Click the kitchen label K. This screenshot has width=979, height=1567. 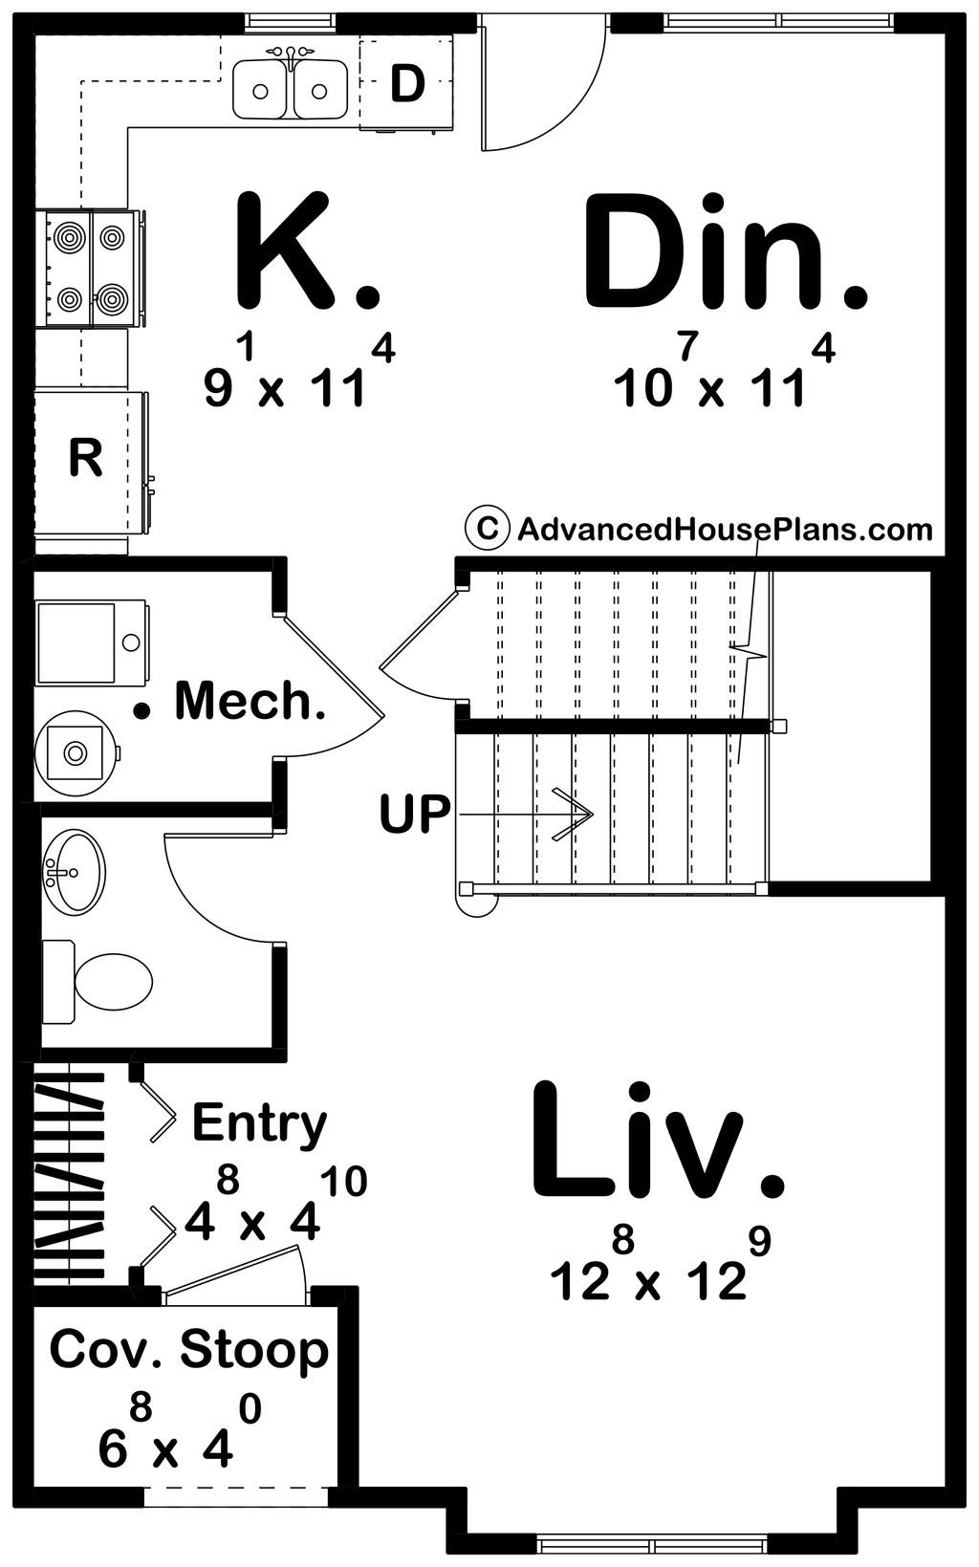coord(304,250)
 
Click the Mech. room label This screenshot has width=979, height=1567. coord(250,701)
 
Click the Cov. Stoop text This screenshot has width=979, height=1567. coord(188,1349)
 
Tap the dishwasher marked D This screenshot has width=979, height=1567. coord(406,84)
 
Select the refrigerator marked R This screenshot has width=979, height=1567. coord(85,459)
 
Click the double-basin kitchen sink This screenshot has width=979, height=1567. coord(290,88)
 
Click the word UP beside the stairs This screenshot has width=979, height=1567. coord(414,815)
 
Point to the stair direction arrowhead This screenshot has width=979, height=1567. coord(577,815)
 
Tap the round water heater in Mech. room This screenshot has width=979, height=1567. coord(76,752)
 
